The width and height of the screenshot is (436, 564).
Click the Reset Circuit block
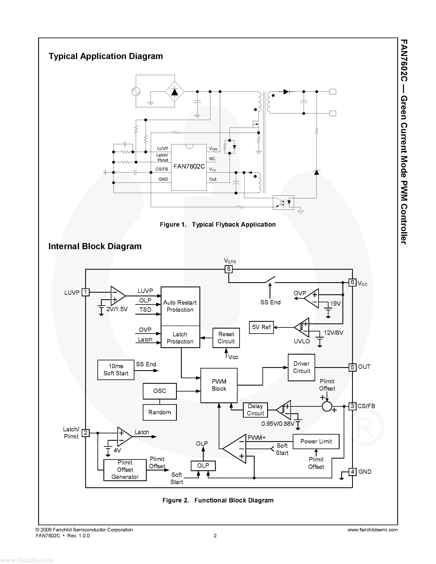click(226, 338)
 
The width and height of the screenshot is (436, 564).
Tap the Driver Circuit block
click(301, 367)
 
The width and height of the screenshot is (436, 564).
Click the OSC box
click(160, 391)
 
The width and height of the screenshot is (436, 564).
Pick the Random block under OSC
click(160, 412)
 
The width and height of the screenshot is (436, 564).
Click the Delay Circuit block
click(255, 410)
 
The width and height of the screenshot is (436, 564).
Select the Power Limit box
click(316, 441)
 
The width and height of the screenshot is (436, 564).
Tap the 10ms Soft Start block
click(116, 370)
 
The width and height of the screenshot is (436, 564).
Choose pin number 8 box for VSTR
click(229, 269)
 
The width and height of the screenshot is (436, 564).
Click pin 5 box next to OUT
click(352, 367)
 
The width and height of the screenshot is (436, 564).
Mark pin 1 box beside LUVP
click(86, 292)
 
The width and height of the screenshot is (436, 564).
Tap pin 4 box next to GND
click(352, 472)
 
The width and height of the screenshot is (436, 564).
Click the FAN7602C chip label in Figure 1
click(189, 167)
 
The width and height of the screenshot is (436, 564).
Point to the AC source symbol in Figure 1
click(136, 91)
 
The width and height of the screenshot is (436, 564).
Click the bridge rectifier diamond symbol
click(175, 92)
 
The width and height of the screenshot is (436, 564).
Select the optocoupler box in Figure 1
click(283, 202)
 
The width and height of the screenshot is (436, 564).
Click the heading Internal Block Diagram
click(95, 246)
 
